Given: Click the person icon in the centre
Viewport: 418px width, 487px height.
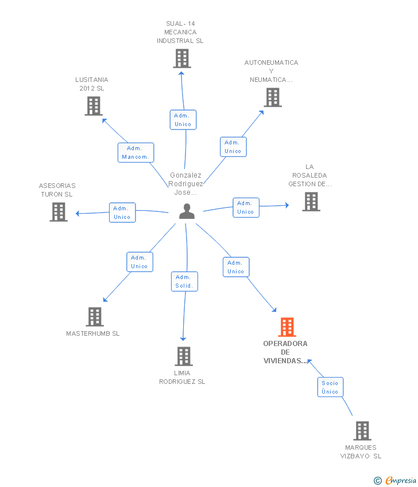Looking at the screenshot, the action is click(187, 211).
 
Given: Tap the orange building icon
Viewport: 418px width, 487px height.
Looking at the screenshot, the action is click(287, 327).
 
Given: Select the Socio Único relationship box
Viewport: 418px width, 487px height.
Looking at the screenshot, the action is click(330, 387).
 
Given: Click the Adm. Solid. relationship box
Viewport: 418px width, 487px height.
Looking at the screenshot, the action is click(184, 281).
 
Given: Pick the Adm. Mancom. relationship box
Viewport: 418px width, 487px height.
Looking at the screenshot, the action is click(136, 152).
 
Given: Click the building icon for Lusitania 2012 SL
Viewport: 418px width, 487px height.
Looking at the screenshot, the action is click(94, 106).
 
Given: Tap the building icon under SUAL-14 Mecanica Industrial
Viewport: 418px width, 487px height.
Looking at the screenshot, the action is click(182, 58).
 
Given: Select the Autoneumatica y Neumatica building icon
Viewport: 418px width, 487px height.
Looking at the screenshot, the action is click(273, 97).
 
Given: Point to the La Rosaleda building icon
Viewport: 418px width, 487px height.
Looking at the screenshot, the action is click(311, 202).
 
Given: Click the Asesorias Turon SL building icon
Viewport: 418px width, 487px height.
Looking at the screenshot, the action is click(59, 212).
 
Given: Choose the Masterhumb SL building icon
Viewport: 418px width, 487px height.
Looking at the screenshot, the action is click(95, 317).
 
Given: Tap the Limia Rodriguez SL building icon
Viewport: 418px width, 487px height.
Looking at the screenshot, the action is click(184, 356).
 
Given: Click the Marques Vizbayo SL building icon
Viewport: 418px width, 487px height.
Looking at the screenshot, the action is click(362, 431).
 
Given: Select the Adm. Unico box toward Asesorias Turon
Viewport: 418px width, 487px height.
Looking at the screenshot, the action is click(122, 213).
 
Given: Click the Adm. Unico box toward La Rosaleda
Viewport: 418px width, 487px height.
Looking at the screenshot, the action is click(246, 207).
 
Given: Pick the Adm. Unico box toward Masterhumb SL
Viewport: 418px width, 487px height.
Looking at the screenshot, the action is click(140, 262).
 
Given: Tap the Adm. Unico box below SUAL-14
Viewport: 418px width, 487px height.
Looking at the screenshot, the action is click(183, 120).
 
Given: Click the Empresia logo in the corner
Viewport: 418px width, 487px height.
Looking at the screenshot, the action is click(395, 481).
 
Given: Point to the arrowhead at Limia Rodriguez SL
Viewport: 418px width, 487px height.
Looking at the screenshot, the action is click(183, 339).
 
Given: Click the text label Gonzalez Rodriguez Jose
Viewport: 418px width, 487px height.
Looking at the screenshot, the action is click(185, 184).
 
